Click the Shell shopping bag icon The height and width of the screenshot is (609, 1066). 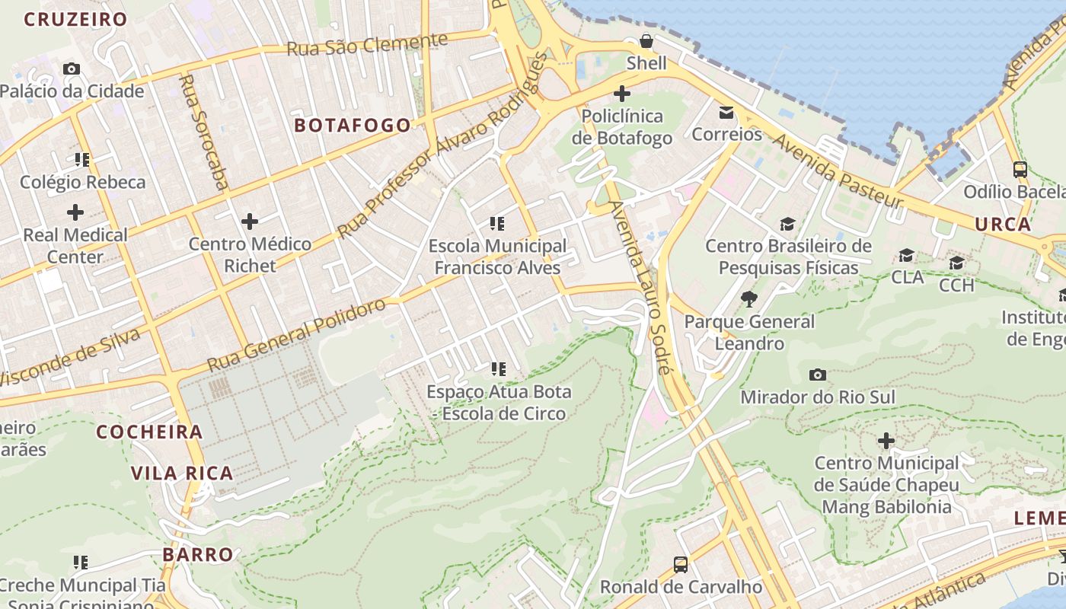pyautogui.click(x=646, y=41)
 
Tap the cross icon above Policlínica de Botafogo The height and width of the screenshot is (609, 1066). pyautogui.click(x=622, y=94)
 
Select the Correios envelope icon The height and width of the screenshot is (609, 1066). pyautogui.click(x=726, y=113)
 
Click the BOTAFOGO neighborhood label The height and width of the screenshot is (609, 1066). pyautogui.click(x=353, y=126)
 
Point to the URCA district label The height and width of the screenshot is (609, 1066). pyautogui.click(x=1003, y=225)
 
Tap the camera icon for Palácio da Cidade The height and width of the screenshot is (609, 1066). pyautogui.click(x=72, y=69)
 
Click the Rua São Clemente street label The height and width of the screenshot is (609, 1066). pyautogui.click(x=367, y=44)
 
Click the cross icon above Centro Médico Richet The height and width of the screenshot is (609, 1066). pyautogui.click(x=250, y=222)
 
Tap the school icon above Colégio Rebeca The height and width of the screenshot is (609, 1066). pyautogui.click(x=82, y=160)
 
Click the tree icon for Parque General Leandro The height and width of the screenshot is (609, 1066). pyautogui.click(x=749, y=299)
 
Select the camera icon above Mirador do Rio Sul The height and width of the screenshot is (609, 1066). pyautogui.click(x=818, y=375)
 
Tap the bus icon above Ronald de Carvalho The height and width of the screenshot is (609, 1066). pyautogui.click(x=681, y=565)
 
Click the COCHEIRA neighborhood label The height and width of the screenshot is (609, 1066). pyautogui.click(x=150, y=432)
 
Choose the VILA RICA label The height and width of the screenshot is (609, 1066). pyautogui.click(x=182, y=473)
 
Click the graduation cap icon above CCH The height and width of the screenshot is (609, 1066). pyautogui.click(x=956, y=263)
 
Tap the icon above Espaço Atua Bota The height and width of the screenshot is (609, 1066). pyautogui.click(x=498, y=369)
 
